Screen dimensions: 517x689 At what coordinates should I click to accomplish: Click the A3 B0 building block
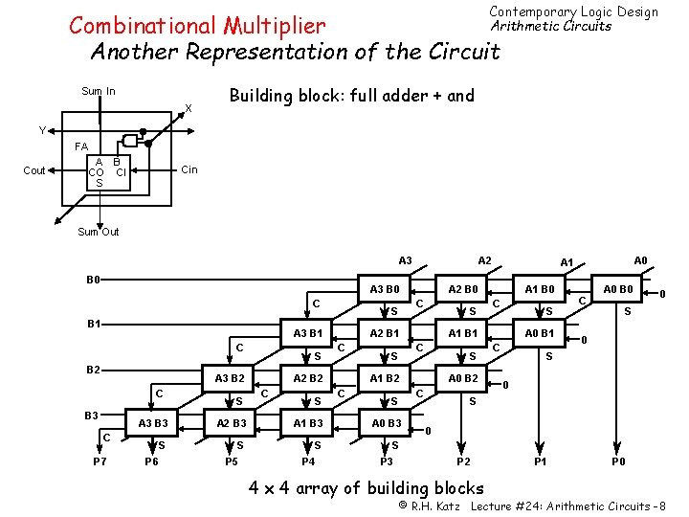pyautogui.click(x=387, y=290)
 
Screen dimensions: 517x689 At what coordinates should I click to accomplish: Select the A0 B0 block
pyautogui.click(x=617, y=290)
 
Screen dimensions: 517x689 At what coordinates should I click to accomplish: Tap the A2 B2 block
pyautogui.click(x=308, y=378)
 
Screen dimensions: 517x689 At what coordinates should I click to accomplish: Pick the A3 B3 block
pyautogui.click(x=153, y=423)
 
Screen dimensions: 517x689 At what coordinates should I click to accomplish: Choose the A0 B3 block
pyautogui.click(x=387, y=423)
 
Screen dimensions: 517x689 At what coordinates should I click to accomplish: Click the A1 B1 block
pyautogui.click(x=463, y=333)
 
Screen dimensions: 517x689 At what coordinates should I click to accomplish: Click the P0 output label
pyautogui.click(x=619, y=462)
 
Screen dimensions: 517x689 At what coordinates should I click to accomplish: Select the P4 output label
pyautogui.click(x=308, y=462)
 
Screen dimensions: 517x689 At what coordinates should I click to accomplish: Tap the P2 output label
pyautogui.click(x=463, y=462)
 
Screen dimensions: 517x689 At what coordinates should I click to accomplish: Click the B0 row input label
pyautogui.click(x=94, y=281)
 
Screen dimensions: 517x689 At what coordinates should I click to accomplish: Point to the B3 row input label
pyautogui.click(x=92, y=415)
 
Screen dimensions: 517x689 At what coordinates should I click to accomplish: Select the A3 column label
pyautogui.click(x=405, y=260)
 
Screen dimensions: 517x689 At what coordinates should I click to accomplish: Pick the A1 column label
pyautogui.click(x=567, y=262)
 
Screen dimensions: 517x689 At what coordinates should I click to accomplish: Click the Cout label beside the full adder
pyautogui.click(x=34, y=170)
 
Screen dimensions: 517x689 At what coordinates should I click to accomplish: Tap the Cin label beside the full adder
pyautogui.click(x=189, y=169)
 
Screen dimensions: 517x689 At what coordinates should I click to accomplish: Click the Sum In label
pyautogui.click(x=98, y=92)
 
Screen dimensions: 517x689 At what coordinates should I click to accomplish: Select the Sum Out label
pyautogui.click(x=98, y=232)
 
